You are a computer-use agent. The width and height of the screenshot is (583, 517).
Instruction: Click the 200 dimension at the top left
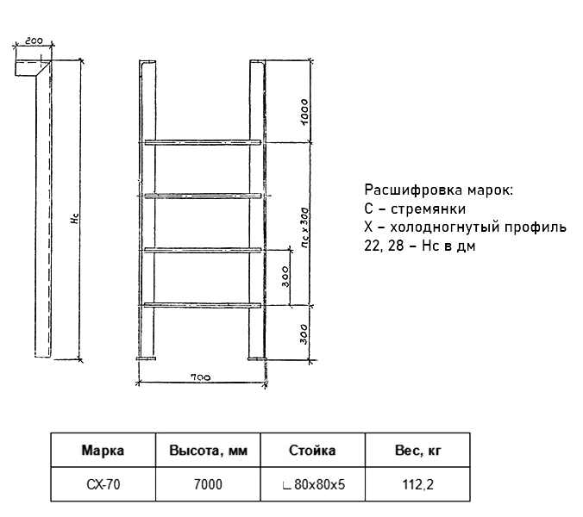pos(34,40)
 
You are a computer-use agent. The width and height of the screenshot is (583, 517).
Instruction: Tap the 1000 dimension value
pos(304,112)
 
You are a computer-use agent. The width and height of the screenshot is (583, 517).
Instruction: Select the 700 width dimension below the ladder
pos(200,377)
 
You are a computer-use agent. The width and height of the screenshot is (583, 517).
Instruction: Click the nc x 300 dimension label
pos(304,228)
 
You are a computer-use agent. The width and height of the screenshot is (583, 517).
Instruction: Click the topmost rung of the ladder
pos(203,142)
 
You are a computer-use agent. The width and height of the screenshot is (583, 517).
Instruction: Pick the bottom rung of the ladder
pos(203,305)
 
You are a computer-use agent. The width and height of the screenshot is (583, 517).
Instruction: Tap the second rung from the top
pos(203,196)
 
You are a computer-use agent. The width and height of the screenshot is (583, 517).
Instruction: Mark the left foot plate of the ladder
pos(146,358)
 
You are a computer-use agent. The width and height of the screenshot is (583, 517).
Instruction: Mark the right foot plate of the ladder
pos(257,358)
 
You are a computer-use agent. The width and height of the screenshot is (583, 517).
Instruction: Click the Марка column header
pos(103,450)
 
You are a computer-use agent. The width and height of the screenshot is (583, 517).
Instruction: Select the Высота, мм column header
pos(208,451)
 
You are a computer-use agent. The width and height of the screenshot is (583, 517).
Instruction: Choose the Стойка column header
pos(312,450)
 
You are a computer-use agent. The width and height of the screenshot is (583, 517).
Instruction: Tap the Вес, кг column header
pos(418,451)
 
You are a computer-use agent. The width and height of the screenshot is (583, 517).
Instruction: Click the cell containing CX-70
pos(103,484)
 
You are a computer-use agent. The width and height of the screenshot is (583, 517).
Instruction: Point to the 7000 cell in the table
pos(208,484)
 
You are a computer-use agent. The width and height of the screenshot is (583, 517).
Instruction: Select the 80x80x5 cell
pos(314,484)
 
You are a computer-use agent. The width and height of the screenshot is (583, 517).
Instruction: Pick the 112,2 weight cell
pos(418,484)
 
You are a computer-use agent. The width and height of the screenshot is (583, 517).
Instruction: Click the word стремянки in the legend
pos(428,209)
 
